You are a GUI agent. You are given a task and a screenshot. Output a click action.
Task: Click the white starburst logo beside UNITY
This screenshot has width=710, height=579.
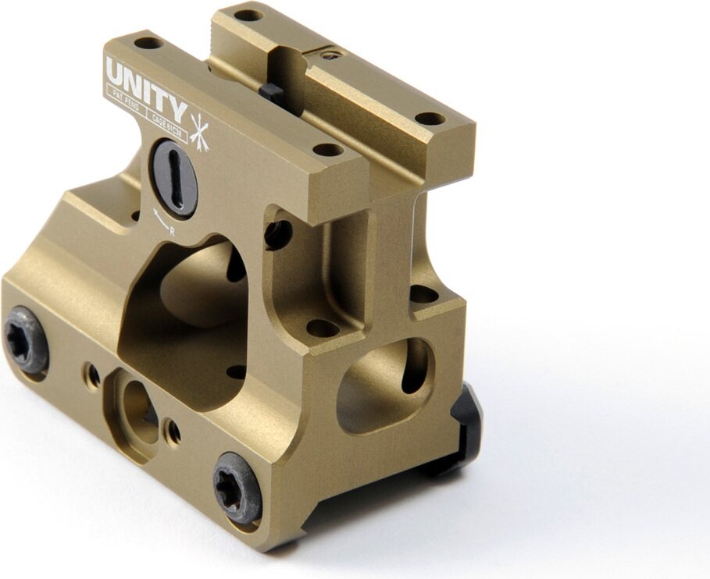pyautogui.click(x=200, y=129)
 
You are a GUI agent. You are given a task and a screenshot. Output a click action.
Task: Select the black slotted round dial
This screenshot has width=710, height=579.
pyautogui.click(x=174, y=177)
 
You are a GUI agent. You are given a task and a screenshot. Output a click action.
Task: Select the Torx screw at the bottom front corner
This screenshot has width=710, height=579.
pyautogui.click(x=237, y=486)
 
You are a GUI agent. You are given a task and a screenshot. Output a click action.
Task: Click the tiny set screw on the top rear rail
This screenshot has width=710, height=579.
pyautogui.click(x=332, y=55)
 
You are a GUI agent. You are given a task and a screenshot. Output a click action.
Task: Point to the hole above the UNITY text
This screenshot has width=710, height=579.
pyautogui.click(x=147, y=43)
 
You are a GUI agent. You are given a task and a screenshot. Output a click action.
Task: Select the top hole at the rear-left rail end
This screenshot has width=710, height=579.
pyautogui.click(x=248, y=14)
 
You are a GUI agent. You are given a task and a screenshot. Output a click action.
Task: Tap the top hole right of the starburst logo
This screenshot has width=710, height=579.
pyautogui.click(x=327, y=149)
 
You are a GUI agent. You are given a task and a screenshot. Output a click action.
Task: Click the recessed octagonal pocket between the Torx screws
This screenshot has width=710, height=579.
pyautogui.click(x=139, y=407)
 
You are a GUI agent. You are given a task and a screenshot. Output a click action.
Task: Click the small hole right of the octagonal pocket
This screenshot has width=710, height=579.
pyautogui.click(x=173, y=432)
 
